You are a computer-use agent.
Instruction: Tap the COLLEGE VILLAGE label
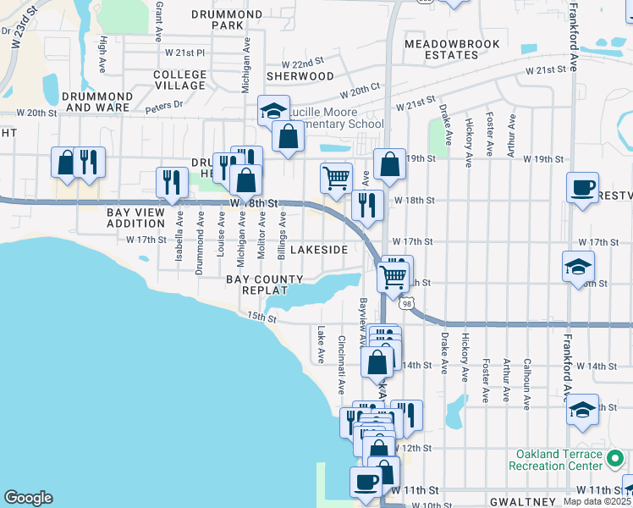(179, 80)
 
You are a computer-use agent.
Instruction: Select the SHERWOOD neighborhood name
(300, 76)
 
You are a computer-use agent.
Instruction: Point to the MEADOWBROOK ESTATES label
(442, 49)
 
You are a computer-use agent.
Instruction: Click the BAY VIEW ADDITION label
(135, 218)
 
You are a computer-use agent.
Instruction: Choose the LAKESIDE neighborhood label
(319, 250)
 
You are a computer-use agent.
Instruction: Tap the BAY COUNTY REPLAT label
(264, 284)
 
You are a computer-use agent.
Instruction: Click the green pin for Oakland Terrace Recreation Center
(615, 459)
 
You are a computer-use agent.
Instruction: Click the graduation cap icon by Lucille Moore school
(273, 110)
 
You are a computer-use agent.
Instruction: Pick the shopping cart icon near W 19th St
(336, 178)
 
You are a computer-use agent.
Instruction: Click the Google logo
(28, 498)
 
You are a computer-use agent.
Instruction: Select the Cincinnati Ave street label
(341, 364)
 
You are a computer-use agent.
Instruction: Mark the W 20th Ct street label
(361, 90)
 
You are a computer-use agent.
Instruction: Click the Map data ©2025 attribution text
(597, 501)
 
